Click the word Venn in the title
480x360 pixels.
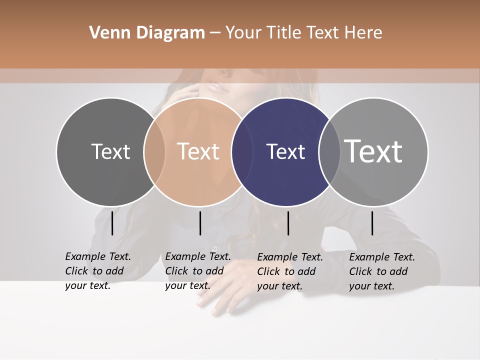click(109, 32)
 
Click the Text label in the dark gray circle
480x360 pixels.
click(110, 151)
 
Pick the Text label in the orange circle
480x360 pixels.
click(198, 151)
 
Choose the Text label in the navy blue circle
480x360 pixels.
click(285, 151)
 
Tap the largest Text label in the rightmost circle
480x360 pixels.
click(373, 151)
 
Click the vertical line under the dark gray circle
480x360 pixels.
click(112, 223)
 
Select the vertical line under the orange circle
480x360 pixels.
click(200, 223)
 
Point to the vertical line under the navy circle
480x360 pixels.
click(288, 223)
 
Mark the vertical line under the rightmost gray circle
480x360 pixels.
click(372, 223)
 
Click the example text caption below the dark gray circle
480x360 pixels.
click(98, 271)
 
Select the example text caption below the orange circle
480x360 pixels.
click(198, 271)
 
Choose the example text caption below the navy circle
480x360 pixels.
click(290, 271)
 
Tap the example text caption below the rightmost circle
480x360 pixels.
click(382, 271)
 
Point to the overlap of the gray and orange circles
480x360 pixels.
click(154, 151)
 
